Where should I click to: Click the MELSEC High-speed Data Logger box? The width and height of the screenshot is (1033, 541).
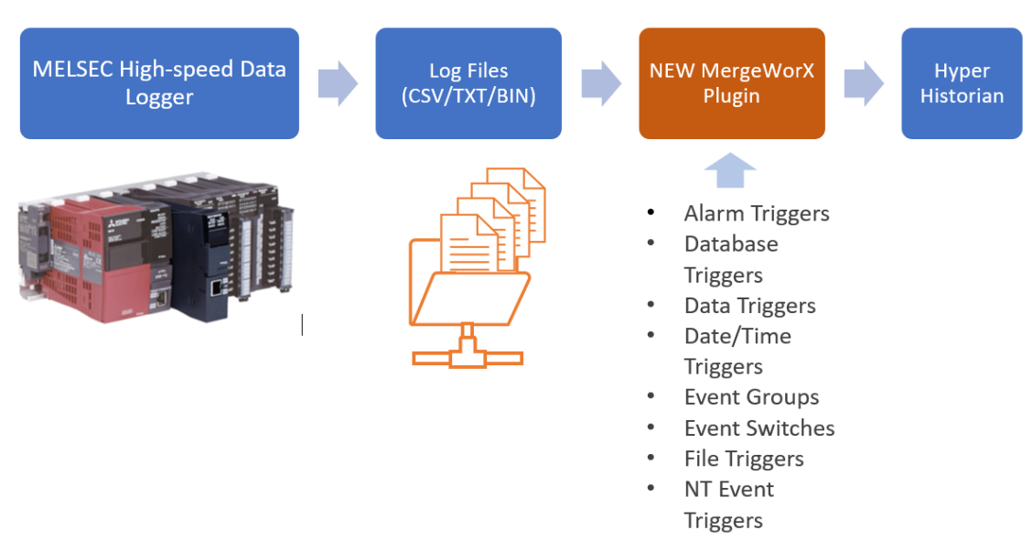click(x=159, y=83)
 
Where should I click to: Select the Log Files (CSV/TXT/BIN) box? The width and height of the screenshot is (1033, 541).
click(x=468, y=83)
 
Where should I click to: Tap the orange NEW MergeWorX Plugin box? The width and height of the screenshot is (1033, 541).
click(x=731, y=83)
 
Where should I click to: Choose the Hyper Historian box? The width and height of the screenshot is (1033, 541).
click(x=961, y=83)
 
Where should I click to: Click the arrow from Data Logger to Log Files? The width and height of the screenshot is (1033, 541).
click(x=338, y=83)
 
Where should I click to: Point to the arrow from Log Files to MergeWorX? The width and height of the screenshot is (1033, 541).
click(x=600, y=83)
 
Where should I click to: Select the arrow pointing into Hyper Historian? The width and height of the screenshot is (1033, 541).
click(x=863, y=83)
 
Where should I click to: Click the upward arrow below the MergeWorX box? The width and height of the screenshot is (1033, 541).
click(x=730, y=170)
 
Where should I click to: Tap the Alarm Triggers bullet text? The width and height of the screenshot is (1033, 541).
click(x=756, y=213)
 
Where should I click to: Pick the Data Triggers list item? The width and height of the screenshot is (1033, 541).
click(x=749, y=305)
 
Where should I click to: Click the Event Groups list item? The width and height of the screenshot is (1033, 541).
click(x=751, y=397)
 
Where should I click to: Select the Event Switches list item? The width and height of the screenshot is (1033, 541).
click(x=759, y=427)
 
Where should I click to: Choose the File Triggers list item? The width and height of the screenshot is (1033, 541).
click(x=744, y=459)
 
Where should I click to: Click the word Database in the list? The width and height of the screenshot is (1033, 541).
click(x=731, y=243)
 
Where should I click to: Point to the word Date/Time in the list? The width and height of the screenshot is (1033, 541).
click(x=737, y=336)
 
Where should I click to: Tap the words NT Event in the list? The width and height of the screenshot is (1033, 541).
click(x=729, y=489)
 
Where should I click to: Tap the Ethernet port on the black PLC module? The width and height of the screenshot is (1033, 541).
click(x=215, y=287)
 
